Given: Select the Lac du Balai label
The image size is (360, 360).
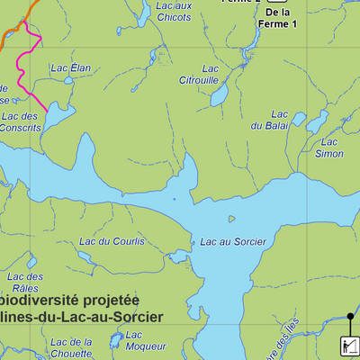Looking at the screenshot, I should (x=279, y=120).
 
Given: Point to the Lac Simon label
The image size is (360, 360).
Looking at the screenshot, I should (x=330, y=148).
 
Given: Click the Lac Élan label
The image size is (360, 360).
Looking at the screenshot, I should (x=71, y=68).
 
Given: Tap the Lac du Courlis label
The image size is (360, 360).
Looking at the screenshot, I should (x=112, y=241).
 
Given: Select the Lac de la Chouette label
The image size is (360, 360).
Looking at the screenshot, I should (x=71, y=347).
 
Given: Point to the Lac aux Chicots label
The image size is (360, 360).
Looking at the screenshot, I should (x=174, y=11).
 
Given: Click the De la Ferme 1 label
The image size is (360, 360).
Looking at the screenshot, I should (x=280, y=17).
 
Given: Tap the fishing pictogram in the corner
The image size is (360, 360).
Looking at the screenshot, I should (x=349, y=346).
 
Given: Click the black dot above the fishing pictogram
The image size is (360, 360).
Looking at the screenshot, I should (x=350, y=316).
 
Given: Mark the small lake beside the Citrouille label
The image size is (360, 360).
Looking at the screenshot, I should (x=219, y=95).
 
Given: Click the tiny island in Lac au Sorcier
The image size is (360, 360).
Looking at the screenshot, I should (x=231, y=218).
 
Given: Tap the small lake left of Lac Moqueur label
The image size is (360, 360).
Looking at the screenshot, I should (x=114, y=340).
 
